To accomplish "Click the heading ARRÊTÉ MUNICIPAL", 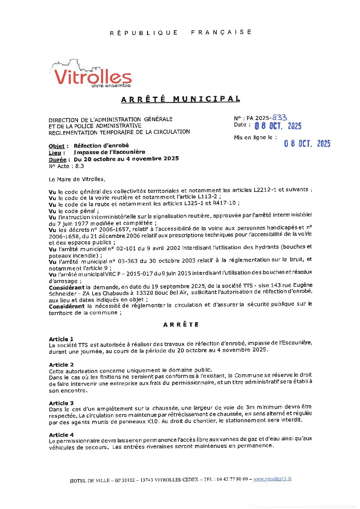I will point(181,99).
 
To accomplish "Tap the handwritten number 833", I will point(280,117).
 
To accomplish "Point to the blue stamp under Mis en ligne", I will point(307,144).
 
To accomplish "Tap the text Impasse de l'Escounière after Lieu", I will point(109,152).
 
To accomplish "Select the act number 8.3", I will point(79,166).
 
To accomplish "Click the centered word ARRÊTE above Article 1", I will point(181,325).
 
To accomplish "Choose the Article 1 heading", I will point(61,339).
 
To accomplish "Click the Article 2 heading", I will point(61,365).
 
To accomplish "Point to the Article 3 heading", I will point(61,403).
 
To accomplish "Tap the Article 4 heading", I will point(61,435).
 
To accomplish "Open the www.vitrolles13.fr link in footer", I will point(272,479).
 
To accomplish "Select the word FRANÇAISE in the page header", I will point(221,32).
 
